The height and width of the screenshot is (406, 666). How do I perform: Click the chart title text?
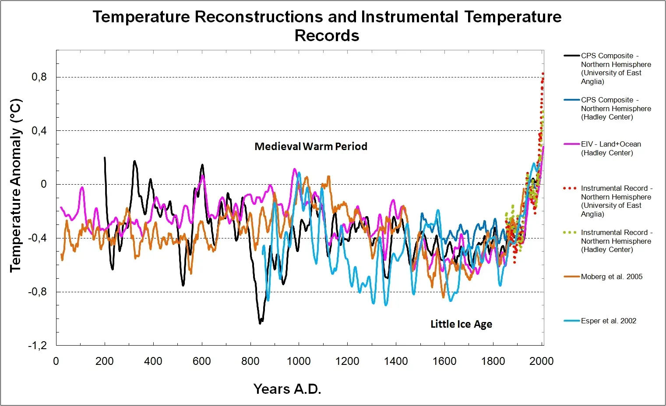[x=327, y=26]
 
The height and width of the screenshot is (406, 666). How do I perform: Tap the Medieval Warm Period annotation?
[x=311, y=147]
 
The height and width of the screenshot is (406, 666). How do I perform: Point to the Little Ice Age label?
[x=461, y=324]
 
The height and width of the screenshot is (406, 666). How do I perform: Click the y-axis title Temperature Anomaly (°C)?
[x=16, y=185]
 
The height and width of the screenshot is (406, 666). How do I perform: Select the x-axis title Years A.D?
[x=287, y=389]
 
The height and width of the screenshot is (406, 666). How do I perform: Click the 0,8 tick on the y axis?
[x=39, y=77]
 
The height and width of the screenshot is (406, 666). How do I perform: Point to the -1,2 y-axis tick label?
[x=37, y=346]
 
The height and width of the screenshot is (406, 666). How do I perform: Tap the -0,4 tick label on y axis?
[x=37, y=238]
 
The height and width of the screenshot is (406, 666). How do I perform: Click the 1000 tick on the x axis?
[x=299, y=361]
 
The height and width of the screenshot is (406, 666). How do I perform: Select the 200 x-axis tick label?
[x=104, y=361]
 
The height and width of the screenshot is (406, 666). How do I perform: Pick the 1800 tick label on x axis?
[x=493, y=361]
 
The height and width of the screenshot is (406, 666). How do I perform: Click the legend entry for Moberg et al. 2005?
[x=611, y=277]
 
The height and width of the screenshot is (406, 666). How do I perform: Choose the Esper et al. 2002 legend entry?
[x=608, y=321]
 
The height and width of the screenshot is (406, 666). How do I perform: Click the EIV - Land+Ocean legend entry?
[x=610, y=149]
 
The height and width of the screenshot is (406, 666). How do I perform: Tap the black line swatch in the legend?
[x=571, y=56]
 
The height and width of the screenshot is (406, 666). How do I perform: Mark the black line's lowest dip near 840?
[x=260, y=323]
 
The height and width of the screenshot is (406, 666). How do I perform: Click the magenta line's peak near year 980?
[x=294, y=169]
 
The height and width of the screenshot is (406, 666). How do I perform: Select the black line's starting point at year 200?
[x=105, y=158]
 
